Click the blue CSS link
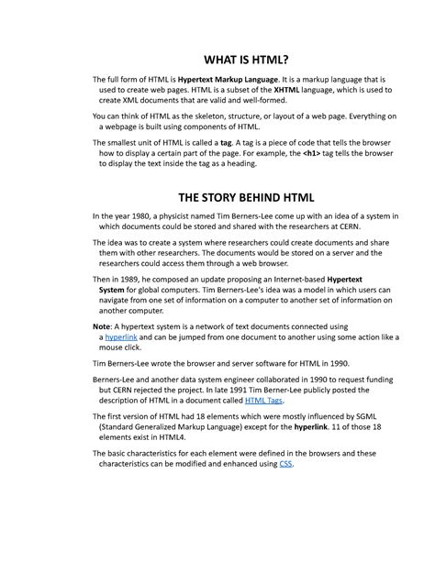pyautogui.click(x=284, y=463)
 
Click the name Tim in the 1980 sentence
pyautogui.click(x=237, y=216)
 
